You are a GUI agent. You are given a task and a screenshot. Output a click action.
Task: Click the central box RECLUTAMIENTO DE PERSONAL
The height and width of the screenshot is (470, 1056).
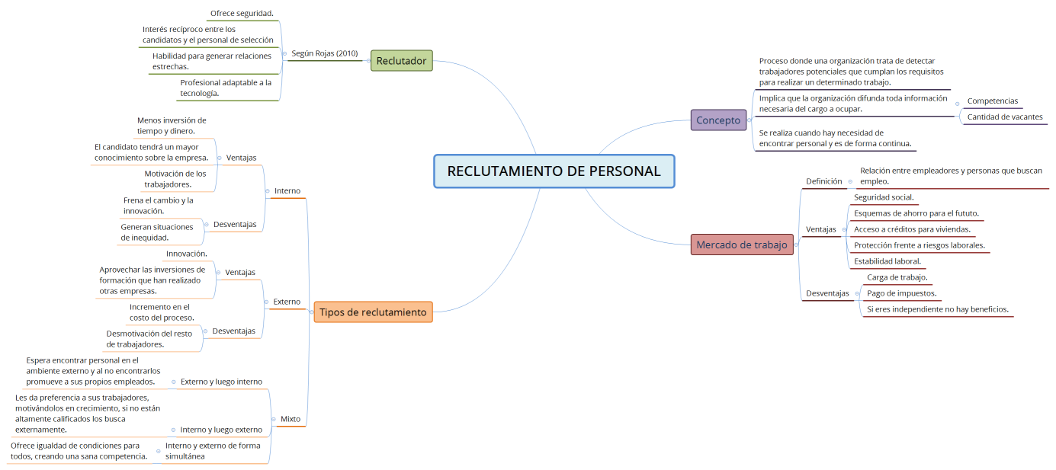click(554, 171)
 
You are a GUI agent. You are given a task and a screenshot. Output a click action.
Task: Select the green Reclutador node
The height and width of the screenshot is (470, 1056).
click(401, 61)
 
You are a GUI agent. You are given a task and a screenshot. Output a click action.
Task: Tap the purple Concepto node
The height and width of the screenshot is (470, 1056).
click(718, 120)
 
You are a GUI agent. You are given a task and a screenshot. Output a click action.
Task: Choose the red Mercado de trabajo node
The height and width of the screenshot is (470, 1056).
click(741, 245)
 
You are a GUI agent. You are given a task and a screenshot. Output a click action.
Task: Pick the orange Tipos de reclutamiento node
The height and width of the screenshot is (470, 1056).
click(373, 312)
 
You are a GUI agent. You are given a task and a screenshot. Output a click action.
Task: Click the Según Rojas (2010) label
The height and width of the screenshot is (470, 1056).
click(325, 53)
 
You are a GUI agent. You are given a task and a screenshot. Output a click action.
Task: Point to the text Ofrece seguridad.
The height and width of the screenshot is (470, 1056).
click(242, 13)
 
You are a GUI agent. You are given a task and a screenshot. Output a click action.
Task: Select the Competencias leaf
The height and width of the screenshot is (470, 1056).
click(992, 101)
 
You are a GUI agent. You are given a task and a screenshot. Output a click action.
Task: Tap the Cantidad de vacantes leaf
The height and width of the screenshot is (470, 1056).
click(1004, 117)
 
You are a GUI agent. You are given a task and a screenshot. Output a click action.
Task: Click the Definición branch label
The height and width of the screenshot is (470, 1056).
click(823, 181)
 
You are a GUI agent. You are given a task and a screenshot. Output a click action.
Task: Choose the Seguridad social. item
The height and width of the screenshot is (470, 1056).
click(884, 197)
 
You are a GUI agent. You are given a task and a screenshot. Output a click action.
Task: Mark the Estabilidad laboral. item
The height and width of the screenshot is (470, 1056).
click(887, 261)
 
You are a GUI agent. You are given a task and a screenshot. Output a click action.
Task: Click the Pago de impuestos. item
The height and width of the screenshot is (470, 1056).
click(901, 293)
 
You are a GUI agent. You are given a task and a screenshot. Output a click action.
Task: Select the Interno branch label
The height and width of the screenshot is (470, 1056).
click(287, 190)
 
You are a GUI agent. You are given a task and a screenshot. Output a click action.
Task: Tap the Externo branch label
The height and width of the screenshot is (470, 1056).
click(287, 302)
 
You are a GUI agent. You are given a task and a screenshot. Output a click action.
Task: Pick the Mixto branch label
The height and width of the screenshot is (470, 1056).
click(290, 419)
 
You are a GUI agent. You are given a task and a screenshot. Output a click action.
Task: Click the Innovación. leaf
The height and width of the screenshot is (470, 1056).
click(187, 254)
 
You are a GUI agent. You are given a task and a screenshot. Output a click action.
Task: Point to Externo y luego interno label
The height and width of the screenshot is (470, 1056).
click(221, 382)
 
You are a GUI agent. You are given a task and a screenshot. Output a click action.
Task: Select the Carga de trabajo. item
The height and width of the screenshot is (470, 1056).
click(897, 277)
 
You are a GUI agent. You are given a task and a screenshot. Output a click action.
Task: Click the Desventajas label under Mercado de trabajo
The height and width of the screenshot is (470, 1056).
click(827, 293)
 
